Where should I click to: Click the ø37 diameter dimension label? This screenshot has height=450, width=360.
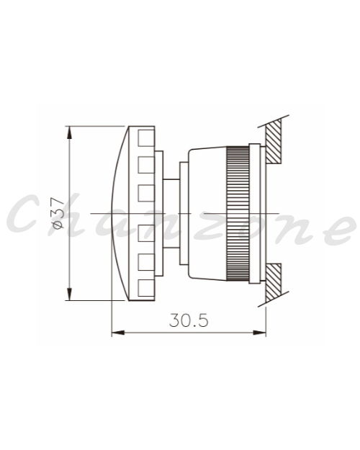point(58,213)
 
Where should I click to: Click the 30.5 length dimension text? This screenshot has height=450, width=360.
point(189,320)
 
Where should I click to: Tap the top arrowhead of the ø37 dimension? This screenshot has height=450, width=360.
point(69,132)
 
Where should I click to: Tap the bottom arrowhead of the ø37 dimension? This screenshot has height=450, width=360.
point(69,294)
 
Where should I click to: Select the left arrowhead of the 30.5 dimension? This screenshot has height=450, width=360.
point(118,333)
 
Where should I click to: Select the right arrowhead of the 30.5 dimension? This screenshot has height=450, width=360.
point(259,333)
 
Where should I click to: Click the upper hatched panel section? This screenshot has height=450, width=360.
point(274,142)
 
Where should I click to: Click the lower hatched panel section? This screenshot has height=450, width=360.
point(274,283)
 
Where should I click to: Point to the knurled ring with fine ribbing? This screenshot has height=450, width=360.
point(238,213)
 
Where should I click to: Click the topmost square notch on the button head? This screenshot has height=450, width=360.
point(146,138)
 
